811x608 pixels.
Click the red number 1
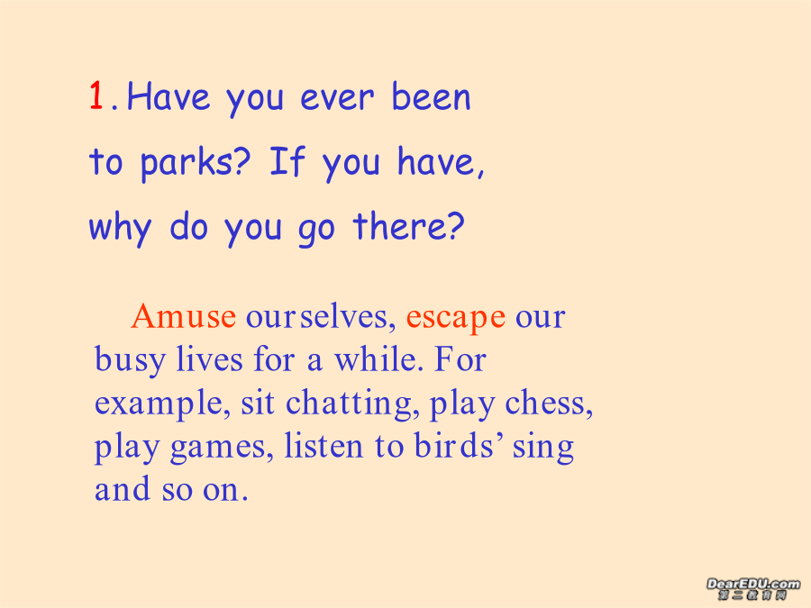pyautogui.click(x=96, y=95)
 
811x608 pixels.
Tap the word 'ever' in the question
pyautogui.click(x=337, y=97)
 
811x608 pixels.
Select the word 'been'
pyautogui.click(x=431, y=96)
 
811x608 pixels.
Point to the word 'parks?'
pyautogui.click(x=195, y=163)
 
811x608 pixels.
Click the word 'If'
pyautogui.click(x=287, y=161)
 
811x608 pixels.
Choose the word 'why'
pyautogui.click(x=121, y=229)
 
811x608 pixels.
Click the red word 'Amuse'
pyautogui.click(x=184, y=316)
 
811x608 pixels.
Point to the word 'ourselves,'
pyautogui.click(x=321, y=316)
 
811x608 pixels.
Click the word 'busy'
pyautogui.click(x=130, y=359)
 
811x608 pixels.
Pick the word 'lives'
pyautogui.click(x=209, y=358)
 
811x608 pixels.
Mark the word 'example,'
pyautogui.click(x=162, y=404)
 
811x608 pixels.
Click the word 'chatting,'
pyautogui.click(x=352, y=404)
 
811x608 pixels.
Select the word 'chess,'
pyautogui.click(x=549, y=404)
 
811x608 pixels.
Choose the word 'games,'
pyautogui.click(x=222, y=448)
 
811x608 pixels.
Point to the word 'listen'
pyautogui.click(x=323, y=446)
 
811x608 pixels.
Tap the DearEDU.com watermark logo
pyautogui.click(x=752, y=589)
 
